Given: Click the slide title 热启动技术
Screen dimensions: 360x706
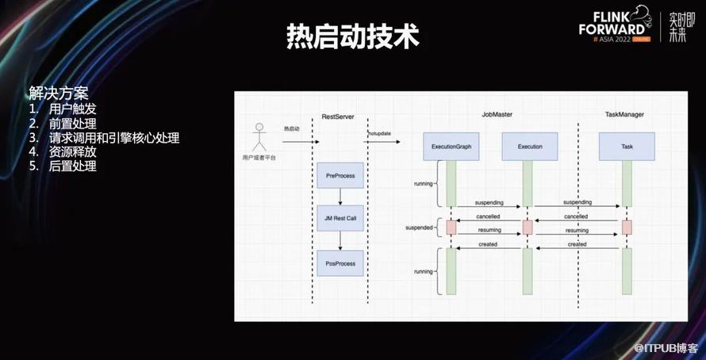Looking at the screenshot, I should click(352, 36).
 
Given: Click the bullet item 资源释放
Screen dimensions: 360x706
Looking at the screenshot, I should click(72, 151).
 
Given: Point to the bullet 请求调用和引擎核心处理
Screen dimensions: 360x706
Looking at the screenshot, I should click(113, 137).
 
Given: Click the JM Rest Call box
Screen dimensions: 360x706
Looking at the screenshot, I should click(340, 217).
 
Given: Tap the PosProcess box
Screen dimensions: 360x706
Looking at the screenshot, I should click(340, 262).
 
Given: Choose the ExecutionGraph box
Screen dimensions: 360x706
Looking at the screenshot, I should click(451, 147).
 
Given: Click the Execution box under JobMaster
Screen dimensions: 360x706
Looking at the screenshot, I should click(529, 147).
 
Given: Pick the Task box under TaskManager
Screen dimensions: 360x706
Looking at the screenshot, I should click(627, 147).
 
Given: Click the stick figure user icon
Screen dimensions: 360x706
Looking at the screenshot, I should click(258, 137).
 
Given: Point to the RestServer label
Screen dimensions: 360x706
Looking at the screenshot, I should click(339, 115).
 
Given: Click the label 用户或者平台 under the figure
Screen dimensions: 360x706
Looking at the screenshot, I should click(259, 159).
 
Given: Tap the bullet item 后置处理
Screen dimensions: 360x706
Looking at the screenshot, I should click(72, 166).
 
